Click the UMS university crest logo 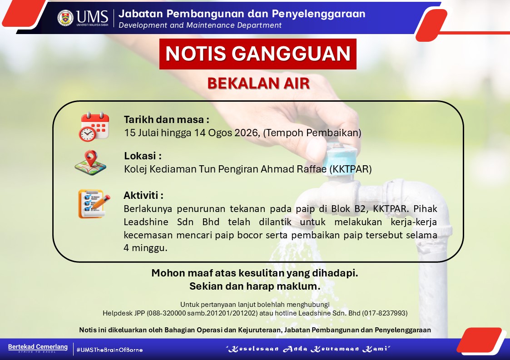(x=65, y=18)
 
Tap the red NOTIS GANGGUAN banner (x=257, y=54)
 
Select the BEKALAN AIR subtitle (x=258, y=83)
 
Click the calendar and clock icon (x=94, y=127)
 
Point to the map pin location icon (x=90, y=163)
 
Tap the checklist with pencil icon (x=94, y=204)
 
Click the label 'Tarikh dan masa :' (x=166, y=120)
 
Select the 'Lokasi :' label (x=143, y=156)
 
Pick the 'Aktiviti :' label (x=144, y=195)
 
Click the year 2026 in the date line (x=247, y=133)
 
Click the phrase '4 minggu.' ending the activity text (x=145, y=248)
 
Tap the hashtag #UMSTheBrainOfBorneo (x=109, y=350)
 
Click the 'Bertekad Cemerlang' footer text (x=38, y=347)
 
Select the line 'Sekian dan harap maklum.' (x=255, y=286)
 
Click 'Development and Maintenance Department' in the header (x=200, y=25)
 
